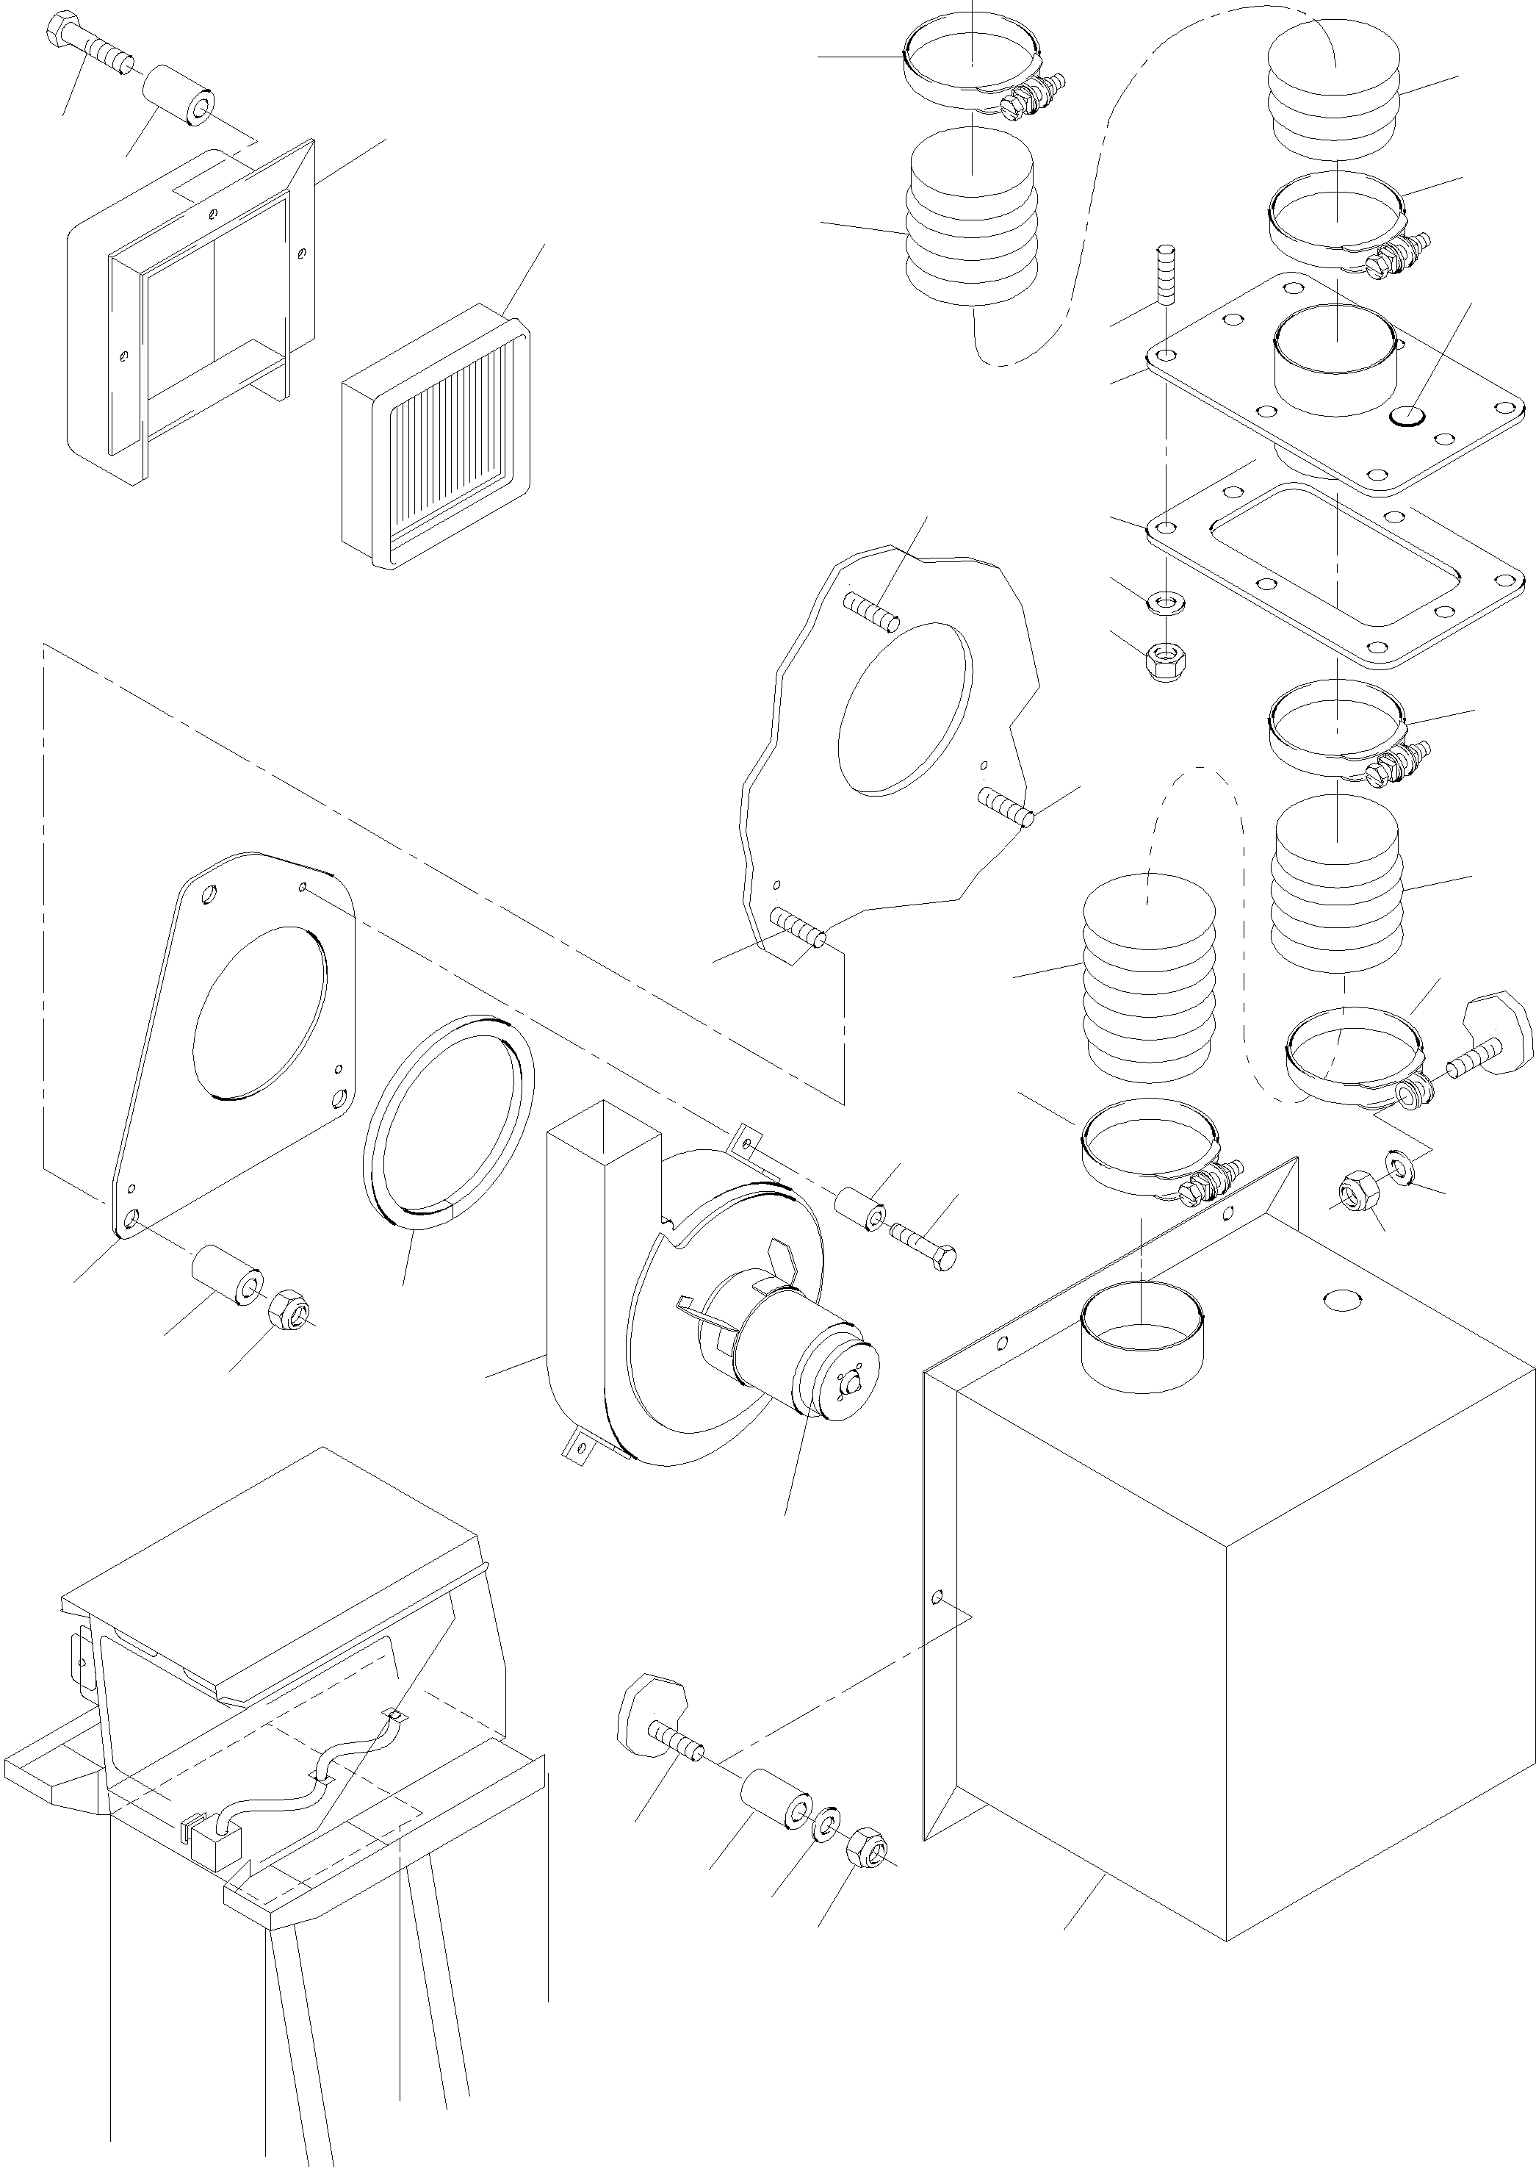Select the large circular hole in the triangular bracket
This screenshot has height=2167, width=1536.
point(260,1012)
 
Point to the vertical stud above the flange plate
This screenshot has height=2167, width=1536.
point(1165,274)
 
